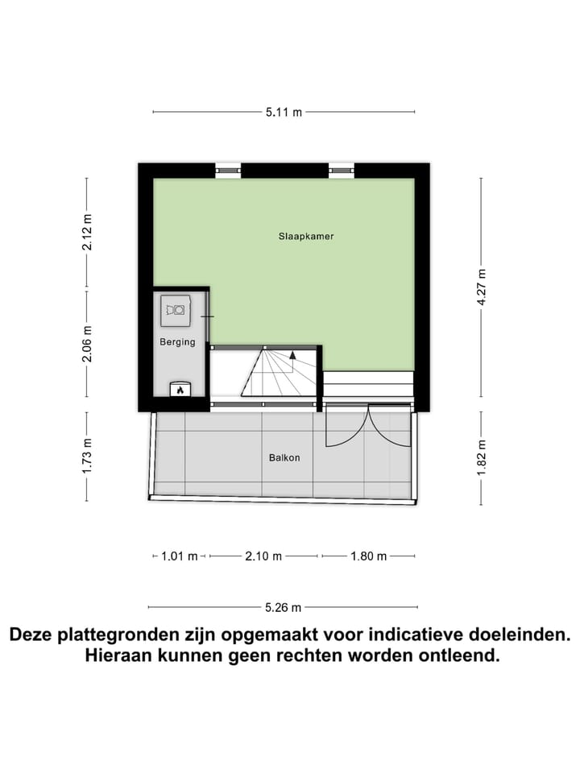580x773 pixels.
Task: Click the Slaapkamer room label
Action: (x=305, y=237)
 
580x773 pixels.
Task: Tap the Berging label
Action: (x=177, y=342)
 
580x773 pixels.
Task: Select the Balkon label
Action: (x=284, y=458)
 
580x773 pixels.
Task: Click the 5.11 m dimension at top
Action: (x=284, y=113)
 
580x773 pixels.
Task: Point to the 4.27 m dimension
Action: (x=482, y=287)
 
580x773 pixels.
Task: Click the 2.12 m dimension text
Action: (x=87, y=233)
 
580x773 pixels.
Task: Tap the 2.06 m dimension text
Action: (x=87, y=343)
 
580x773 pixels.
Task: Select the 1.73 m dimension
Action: (x=87, y=455)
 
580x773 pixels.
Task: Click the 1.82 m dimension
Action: (x=482, y=458)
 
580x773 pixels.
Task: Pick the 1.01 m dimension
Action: (x=178, y=556)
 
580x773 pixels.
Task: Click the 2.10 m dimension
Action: (x=263, y=556)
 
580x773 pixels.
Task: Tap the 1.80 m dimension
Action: (x=368, y=556)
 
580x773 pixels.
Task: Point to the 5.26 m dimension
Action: (x=284, y=608)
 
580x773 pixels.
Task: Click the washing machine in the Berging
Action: (x=176, y=308)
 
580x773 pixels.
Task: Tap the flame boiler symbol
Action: (x=180, y=391)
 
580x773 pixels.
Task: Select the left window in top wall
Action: (x=228, y=170)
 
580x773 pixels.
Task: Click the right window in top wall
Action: (x=341, y=170)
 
